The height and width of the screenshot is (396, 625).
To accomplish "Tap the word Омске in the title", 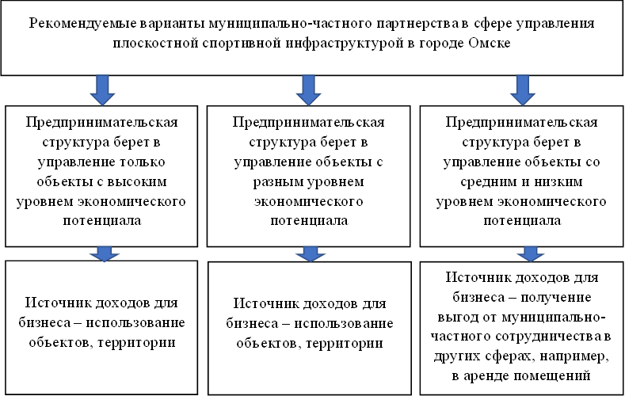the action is click(489, 43).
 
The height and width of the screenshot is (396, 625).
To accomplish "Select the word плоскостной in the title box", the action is click(155, 43).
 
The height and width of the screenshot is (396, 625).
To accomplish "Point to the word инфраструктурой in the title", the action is click(344, 44).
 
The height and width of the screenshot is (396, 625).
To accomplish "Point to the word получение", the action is click(555, 298).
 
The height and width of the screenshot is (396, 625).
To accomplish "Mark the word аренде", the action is click(486, 375).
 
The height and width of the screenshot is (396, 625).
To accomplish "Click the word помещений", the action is click(552, 375).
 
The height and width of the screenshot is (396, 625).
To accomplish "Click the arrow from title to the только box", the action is click(103, 90).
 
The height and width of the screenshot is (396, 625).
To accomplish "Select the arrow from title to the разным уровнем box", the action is click(308, 90).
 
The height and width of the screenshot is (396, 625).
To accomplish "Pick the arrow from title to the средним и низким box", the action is click(523, 90).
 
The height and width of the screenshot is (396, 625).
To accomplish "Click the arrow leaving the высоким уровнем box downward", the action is click(104, 254).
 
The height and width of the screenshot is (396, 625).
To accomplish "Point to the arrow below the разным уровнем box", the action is click(311, 254).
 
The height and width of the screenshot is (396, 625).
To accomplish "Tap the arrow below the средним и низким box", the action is click(530, 254).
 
